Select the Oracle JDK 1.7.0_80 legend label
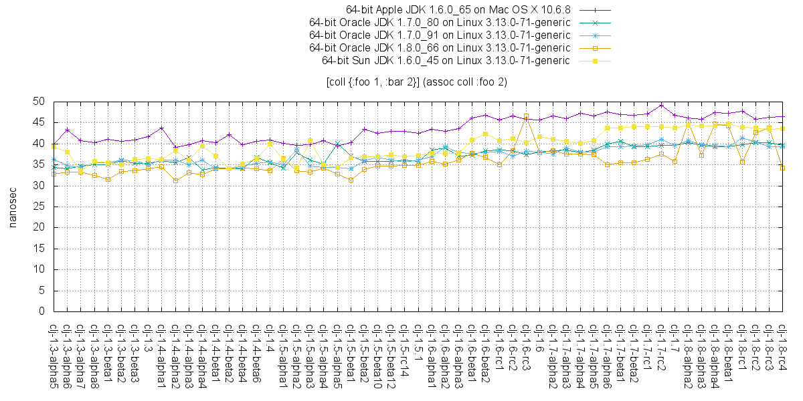click(439, 23)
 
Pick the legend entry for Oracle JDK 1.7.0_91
click(439, 35)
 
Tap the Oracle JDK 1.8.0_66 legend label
click(439, 47)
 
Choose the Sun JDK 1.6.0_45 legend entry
click(446, 60)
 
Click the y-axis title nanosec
click(12, 207)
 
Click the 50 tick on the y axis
click(38, 102)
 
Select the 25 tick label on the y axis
click(38, 207)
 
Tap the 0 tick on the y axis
click(41, 311)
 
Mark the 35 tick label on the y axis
click(38, 164)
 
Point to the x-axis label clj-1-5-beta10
click(378, 354)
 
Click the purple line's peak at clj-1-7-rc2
click(661, 105)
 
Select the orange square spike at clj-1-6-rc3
click(527, 116)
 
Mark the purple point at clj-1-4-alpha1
click(162, 128)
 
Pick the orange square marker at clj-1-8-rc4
click(783, 168)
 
